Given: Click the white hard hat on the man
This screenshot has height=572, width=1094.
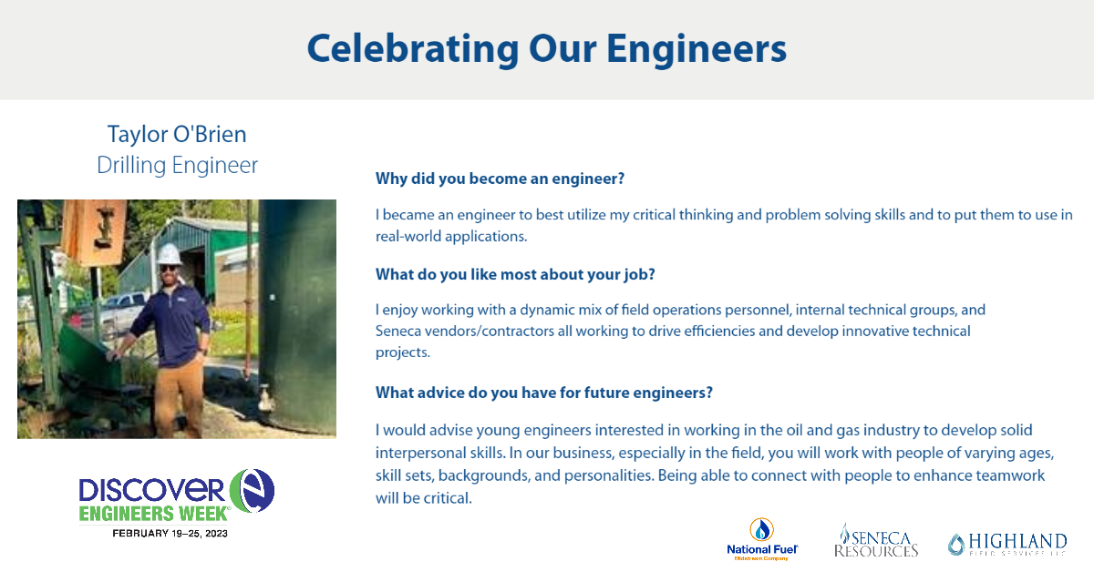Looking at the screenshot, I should pyautogui.click(x=170, y=254).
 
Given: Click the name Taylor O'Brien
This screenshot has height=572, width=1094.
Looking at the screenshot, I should pyautogui.click(x=177, y=134).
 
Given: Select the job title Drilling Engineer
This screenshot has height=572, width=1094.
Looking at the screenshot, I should pyautogui.click(x=177, y=165).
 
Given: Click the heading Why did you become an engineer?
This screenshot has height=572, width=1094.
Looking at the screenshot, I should pyautogui.click(x=500, y=179).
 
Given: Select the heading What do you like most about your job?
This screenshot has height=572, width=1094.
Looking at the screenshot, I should pyautogui.click(x=515, y=274).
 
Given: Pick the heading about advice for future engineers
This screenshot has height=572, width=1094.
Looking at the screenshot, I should pyautogui.click(x=543, y=393).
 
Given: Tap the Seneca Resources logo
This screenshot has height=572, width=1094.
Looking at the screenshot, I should pyautogui.click(x=876, y=540).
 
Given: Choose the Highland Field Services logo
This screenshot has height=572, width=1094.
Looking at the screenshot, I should pyautogui.click(x=1006, y=544).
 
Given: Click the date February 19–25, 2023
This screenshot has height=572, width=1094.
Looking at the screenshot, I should pyautogui.click(x=170, y=533).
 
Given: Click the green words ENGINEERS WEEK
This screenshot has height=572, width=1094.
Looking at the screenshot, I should pyautogui.click(x=152, y=513).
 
